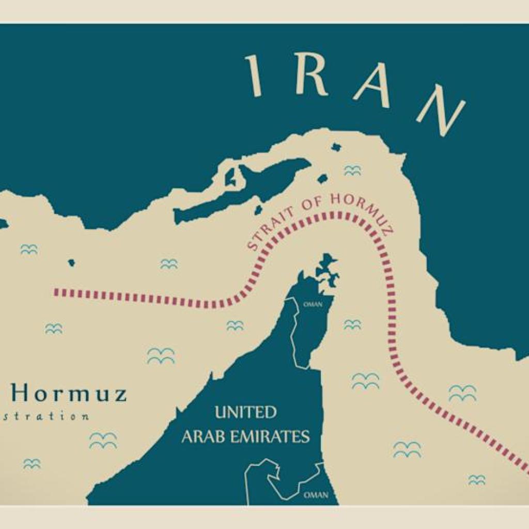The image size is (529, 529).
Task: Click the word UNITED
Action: coord(245,413)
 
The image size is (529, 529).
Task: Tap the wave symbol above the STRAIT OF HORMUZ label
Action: coord(352,170)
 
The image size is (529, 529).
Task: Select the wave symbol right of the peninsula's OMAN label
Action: coord(352,324)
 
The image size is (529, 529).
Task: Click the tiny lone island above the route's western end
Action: coord(71,262)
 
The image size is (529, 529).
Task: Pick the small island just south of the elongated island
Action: coord(257,209)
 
